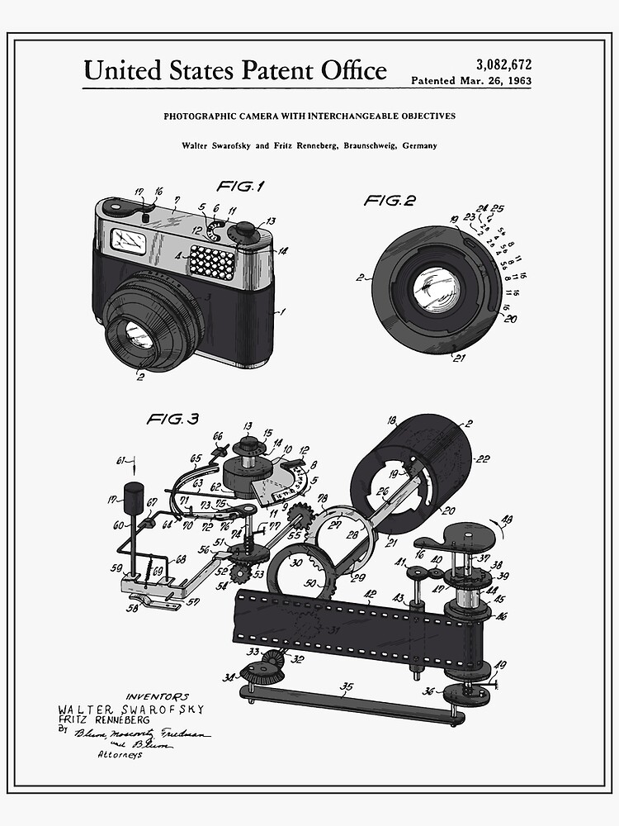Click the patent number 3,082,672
pos(503,64)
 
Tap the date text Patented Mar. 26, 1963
pos(471,81)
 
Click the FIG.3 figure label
pos(172,419)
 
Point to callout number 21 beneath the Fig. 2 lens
pos(458,357)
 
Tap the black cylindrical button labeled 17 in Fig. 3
pos(133,498)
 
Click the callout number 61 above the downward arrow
pos(121,460)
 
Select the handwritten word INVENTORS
pos(157,696)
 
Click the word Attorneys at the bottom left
pos(120,754)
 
